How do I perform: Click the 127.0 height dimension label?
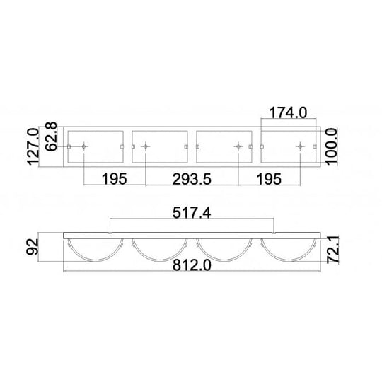(32, 147)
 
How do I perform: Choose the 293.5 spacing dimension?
(191, 179)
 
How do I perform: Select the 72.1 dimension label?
(335, 250)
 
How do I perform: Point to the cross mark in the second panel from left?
(146, 146)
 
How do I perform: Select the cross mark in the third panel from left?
(238, 146)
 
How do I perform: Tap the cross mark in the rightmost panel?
(299, 146)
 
